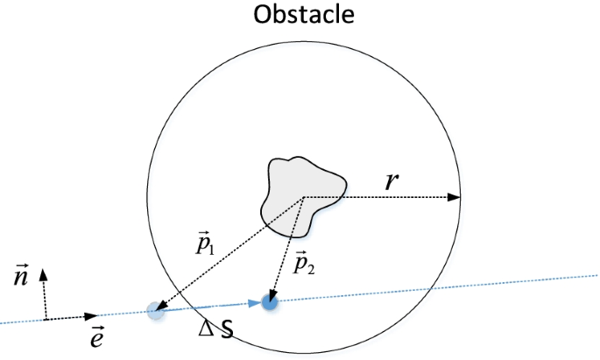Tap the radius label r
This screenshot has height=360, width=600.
click(x=392, y=181)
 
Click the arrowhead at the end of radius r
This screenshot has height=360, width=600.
click(x=455, y=197)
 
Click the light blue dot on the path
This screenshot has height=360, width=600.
click(x=155, y=308)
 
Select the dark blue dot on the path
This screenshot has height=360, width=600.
click(x=270, y=302)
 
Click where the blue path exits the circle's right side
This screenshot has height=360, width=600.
click(x=431, y=290)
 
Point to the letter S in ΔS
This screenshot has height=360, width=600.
click(x=227, y=333)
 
